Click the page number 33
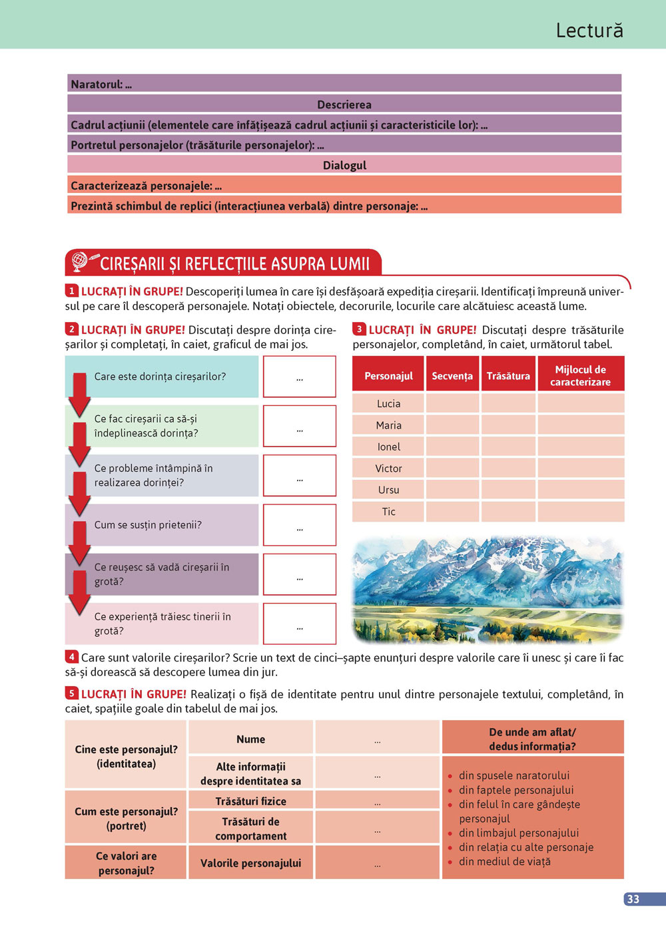(633, 899)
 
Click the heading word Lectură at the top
(589, 31)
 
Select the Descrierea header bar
(344, 104)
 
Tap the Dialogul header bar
(344, 165)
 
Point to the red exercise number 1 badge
(72, 291)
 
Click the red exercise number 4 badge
(72, 657)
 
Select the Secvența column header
(452, 376)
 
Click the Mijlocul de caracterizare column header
(580, 376)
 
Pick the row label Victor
(389, 468)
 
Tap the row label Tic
(389, 512)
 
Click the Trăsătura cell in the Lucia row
(508, 403)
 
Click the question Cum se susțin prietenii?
(148, 525)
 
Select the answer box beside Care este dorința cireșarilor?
(300, 377)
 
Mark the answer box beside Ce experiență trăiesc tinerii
(300, 624)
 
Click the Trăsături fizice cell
(251, 801)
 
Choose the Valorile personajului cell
(251, 863)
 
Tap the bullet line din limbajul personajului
(519, 833)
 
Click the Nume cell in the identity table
(251, 739)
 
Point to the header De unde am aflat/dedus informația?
(533, 739)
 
